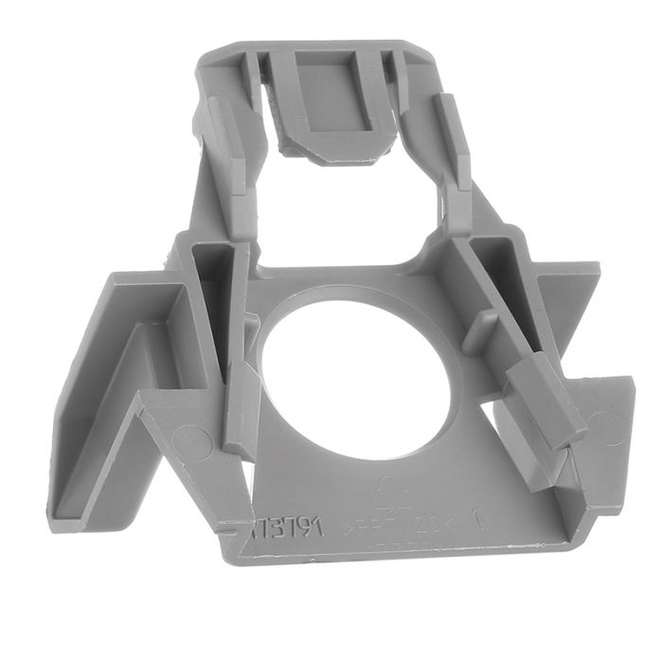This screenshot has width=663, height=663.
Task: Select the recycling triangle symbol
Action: click(x=389, y=494)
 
